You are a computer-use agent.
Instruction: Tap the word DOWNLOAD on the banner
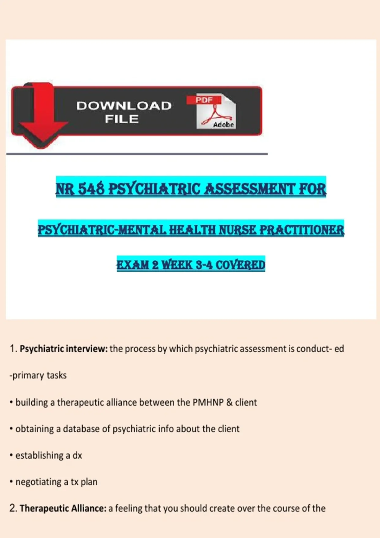tap(124, 106)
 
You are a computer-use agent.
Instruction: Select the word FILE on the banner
tap(122, 119)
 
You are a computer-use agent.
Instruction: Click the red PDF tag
tap(204, 100)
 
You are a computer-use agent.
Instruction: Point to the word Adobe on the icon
tap(223, 125)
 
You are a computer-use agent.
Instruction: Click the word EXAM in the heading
tap(133, 265)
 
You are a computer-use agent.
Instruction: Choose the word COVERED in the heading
tap(240, 265)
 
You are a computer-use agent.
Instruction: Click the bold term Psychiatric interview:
tap(64, 349)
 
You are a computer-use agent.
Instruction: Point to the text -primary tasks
tap(38, 375)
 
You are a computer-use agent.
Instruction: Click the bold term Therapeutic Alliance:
tap(63, 508)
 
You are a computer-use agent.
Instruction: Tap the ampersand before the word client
tap(230, 402)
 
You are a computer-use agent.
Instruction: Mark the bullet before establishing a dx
tap(11, 455)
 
